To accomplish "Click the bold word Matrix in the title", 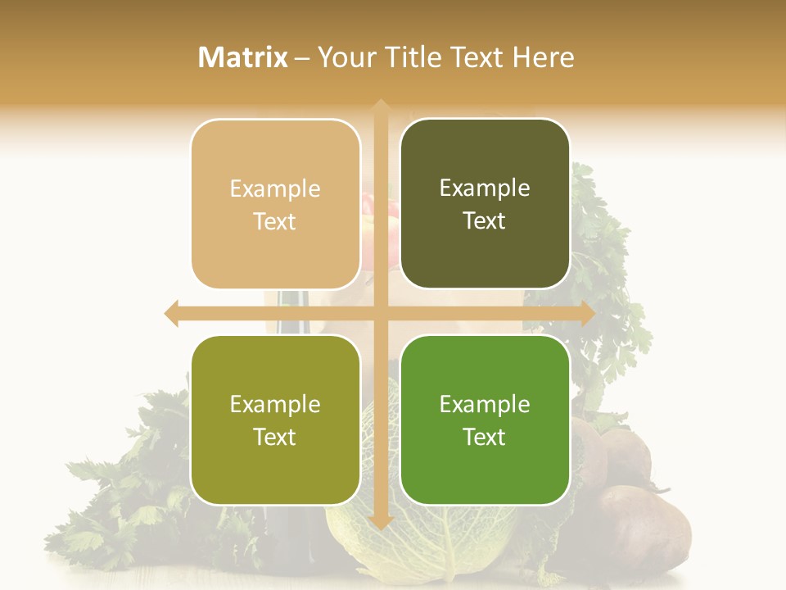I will (x=243, y=57).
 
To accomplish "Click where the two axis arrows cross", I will (x=380, y=314).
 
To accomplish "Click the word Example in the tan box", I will (x=275, y=189).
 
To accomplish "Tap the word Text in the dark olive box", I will (x=485, y=221).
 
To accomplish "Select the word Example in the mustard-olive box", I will (x=275, y=405).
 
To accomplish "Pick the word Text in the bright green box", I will (x=485, y=438).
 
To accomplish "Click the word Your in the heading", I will (x=345, y=57).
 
